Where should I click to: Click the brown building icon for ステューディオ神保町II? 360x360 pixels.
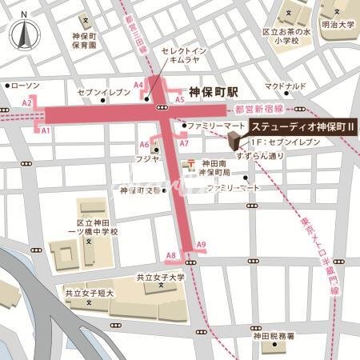[233, 142]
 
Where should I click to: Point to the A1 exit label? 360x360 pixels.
[46, 130]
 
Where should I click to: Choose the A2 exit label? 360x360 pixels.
[26, 103]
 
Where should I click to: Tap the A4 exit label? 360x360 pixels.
[138, 85]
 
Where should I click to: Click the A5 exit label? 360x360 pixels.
[180, 99]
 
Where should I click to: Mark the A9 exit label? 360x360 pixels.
[201, 244]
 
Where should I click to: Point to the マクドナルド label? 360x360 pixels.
[286, 86]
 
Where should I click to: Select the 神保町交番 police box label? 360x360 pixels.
[138, 191]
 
